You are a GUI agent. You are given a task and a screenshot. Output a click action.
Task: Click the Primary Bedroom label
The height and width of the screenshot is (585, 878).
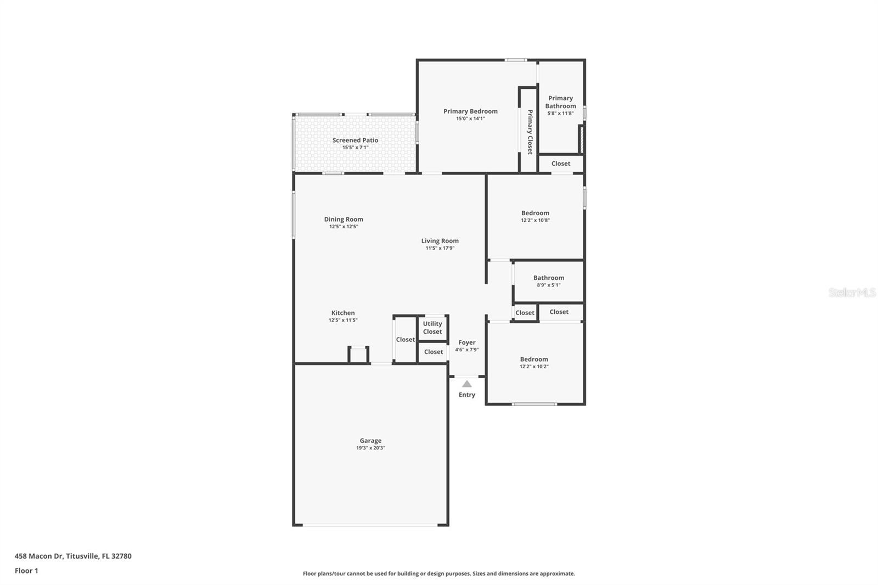point(470,111)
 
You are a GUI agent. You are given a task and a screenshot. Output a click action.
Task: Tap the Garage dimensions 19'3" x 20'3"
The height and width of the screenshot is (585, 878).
point(370,448)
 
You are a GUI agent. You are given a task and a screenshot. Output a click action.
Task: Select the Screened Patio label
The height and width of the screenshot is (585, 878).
point(355,140)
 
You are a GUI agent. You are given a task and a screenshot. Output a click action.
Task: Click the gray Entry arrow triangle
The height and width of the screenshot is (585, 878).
point(466,384)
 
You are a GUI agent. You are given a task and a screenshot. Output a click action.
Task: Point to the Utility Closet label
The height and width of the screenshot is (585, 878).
point(432,328)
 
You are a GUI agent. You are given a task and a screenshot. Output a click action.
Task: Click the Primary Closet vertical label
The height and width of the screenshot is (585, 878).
point(530,132)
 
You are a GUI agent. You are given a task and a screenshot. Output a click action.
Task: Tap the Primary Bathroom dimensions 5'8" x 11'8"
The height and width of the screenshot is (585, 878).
point(560,114)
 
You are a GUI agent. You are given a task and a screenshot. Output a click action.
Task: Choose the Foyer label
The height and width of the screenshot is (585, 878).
point(467,342)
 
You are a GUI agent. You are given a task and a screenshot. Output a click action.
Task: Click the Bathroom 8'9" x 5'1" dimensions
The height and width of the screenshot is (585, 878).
point(548,285)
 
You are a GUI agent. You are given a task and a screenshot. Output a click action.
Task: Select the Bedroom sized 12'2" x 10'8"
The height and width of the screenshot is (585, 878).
point(535,213)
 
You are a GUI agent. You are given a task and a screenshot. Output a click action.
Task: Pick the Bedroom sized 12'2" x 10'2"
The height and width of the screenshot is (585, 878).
point(534,359)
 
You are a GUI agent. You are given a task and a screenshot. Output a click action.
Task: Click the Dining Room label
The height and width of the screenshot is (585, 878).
point(344,220)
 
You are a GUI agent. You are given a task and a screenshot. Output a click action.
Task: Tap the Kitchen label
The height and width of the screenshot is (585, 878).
point(343,313)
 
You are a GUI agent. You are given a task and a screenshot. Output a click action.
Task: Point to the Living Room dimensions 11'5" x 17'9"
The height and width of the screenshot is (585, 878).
point(440,248)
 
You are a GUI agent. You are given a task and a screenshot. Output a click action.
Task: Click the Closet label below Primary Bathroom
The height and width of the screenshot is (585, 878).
point(560,164)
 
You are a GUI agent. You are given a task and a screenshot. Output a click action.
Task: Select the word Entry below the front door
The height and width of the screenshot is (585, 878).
point(467,395)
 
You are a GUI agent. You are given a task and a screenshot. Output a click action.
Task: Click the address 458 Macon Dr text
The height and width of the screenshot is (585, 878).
point(73,556)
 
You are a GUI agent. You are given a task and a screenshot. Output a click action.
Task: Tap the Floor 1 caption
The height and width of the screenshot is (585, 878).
point(26,571)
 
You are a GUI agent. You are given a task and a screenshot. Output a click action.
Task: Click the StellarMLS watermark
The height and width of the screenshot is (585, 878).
point(852,292)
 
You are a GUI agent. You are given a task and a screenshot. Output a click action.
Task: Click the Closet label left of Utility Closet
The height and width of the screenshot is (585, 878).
point(406,340)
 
